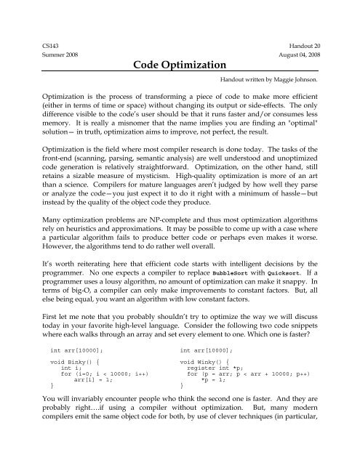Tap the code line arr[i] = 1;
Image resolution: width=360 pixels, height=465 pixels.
(x=87, y=404)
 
